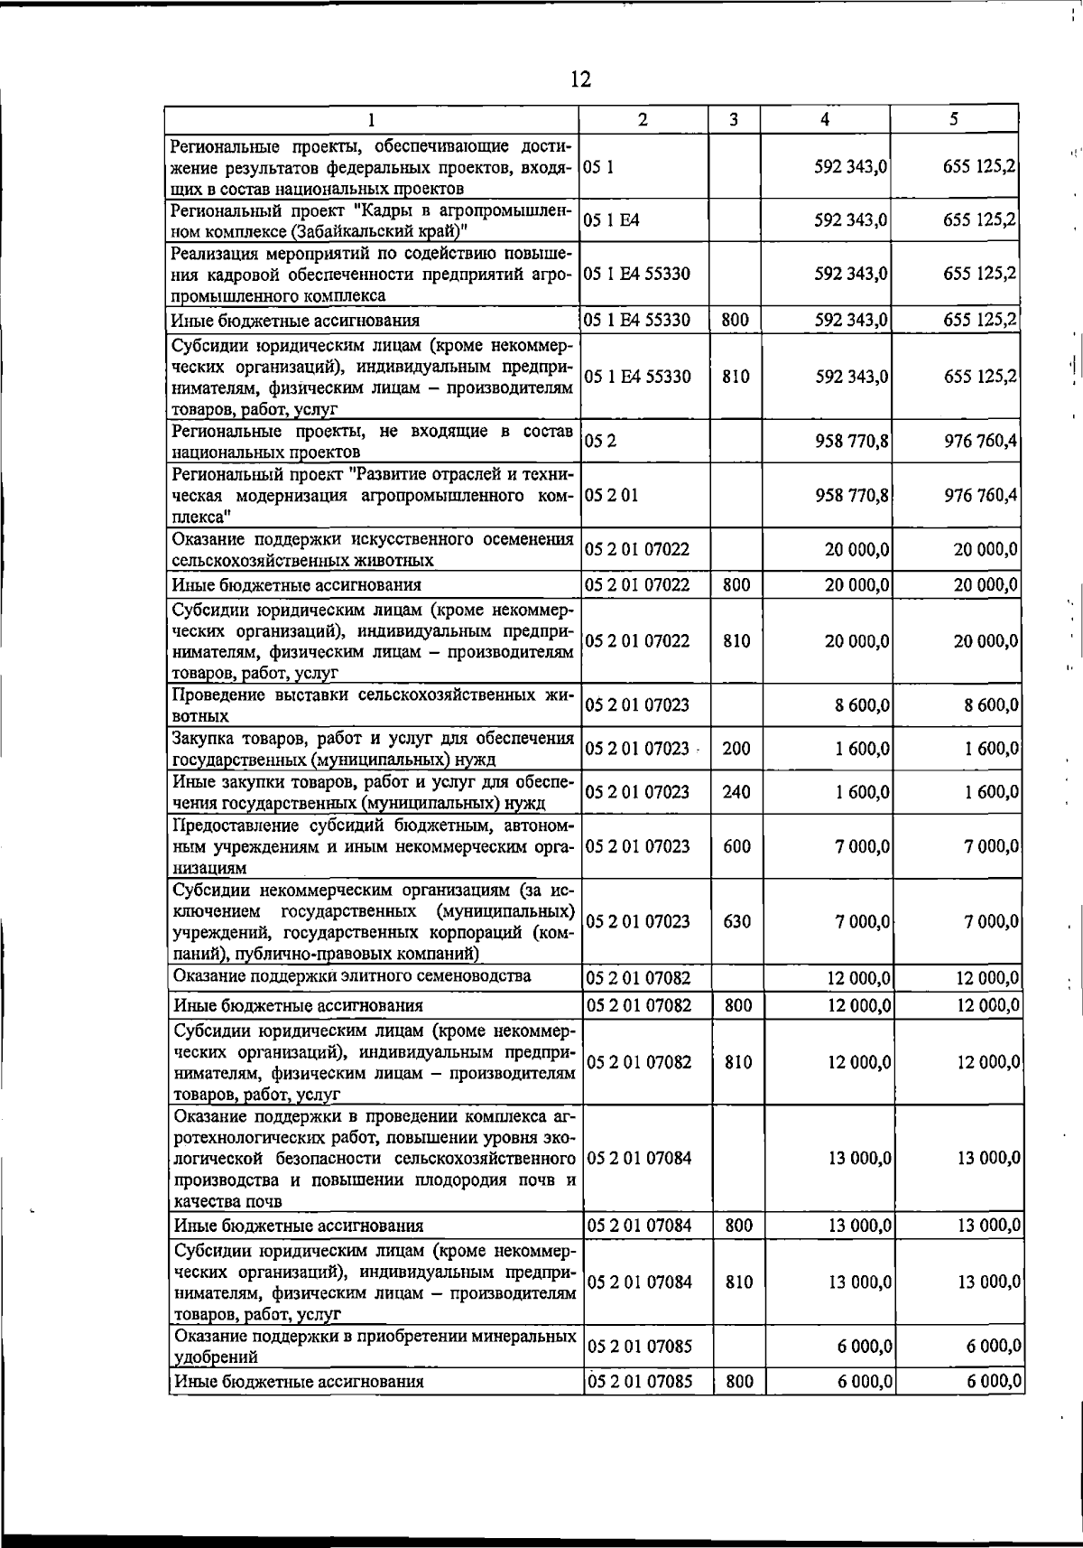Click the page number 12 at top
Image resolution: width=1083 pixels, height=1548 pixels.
pos(580,79)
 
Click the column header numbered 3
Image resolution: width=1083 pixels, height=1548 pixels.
pos(734,119)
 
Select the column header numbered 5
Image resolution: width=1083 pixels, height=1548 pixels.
pos(954,119)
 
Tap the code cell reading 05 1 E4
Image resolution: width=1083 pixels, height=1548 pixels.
pos(613,220)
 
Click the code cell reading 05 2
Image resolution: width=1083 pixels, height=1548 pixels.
pos(596,442)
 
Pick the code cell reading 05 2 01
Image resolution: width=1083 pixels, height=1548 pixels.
pos(612,496)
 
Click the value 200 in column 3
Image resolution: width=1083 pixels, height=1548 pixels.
pos(736,749)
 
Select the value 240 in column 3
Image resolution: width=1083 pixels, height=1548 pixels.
pos(736,792)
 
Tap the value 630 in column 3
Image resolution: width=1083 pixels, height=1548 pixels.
pos(736,922)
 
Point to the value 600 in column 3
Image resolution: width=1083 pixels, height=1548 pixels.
pos(736,846)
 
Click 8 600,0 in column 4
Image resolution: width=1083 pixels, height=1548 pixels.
pos(862,705)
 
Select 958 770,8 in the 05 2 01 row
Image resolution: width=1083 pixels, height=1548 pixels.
pos(853,496)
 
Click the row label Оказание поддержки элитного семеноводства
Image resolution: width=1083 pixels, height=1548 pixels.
pos(352,976)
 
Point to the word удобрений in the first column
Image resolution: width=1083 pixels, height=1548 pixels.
pos(216,1357)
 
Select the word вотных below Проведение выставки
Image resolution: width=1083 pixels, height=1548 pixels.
pos(200,716)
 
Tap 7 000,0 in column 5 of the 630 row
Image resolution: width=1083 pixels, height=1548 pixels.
pos(992,922)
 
